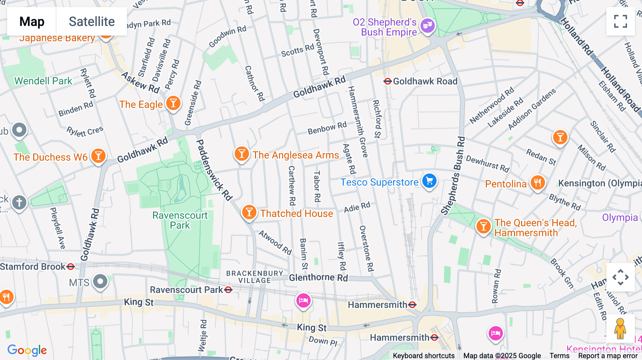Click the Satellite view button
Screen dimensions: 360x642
coord(92,21)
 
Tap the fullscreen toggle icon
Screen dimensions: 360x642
coord(620,21)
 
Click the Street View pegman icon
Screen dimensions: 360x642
coord(620,328)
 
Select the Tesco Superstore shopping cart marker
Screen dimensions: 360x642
coord(429,181)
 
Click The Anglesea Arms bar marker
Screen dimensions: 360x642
coord(241,154)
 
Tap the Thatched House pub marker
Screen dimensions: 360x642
coord(249,212)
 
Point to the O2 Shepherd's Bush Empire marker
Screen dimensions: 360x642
coord(427,26)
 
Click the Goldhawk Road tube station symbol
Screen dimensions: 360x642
coord(388,81)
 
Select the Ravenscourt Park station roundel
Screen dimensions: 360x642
coord(228,290)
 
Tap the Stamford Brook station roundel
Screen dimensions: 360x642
coord(71,266)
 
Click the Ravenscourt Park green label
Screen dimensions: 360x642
coord(180,220)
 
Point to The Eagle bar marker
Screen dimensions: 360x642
coord(173,103)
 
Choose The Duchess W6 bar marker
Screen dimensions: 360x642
coord(98,156)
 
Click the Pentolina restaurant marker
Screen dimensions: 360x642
coord(537,182)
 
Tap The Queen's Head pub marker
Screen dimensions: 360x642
coord(483,226)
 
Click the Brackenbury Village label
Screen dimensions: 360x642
coord(255,277)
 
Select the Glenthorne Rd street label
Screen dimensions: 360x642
coord(318,278)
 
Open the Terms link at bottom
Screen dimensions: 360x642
coord(559,355)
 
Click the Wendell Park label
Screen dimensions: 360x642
coord(43,81)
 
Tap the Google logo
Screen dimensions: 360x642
coord(27,350)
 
